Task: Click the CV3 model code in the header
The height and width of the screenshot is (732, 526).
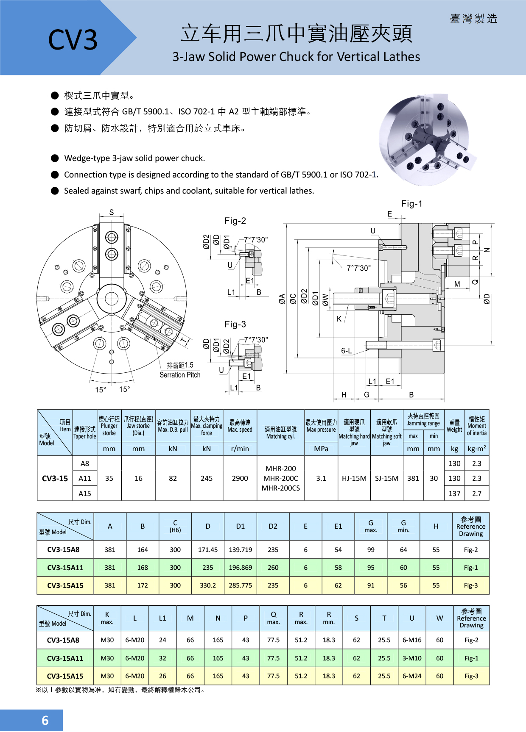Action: point(73,40)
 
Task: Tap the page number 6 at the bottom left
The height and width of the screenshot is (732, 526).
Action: point(45,720)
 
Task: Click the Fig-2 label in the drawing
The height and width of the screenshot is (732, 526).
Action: point(235,221)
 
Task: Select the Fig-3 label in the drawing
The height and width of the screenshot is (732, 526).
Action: point(235,324)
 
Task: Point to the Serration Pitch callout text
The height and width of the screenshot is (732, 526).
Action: point(180,375)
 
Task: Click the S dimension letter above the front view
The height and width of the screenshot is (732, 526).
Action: point(112,212)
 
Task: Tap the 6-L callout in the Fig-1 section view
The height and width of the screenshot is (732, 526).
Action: point(346,351)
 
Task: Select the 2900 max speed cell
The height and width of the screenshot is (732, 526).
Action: point(240,478)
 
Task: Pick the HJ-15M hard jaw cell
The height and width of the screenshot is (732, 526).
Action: point(354,478)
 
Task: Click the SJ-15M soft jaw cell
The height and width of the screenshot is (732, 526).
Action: point(386,478)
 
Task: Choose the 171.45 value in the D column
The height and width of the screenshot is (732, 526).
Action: point(207,550)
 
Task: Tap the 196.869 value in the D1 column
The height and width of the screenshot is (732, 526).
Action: point(240,568)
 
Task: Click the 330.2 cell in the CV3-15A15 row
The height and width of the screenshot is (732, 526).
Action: point(207,585)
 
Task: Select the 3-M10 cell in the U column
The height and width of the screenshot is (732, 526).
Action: point(411,658)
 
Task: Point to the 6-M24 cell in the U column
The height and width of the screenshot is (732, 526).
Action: point(411,676)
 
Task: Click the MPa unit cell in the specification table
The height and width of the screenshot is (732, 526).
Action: point(321,449)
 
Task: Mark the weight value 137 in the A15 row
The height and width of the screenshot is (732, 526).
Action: point(454,494)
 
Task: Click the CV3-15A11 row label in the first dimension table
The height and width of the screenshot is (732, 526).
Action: point(65,568)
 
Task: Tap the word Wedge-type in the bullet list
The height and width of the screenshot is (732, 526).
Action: point(87,158)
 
